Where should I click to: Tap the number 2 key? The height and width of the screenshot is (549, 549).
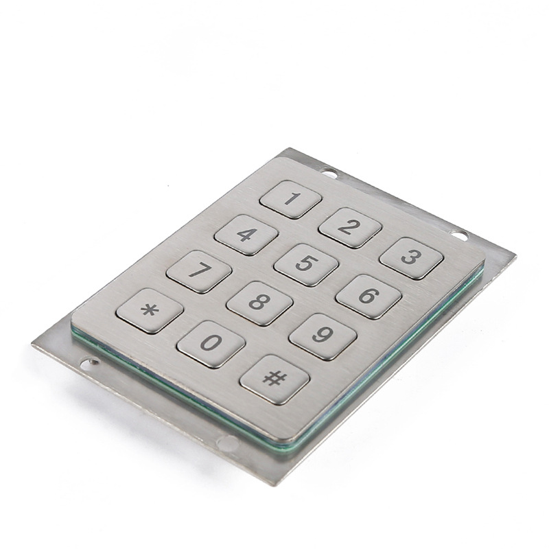pyautogui.click(x=350, y=227)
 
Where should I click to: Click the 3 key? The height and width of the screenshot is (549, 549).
pyautogui.click(x=411, y=258)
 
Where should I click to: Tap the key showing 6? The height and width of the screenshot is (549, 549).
pyautogui.click(x=369, y=296)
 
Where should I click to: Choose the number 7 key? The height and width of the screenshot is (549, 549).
pyautogui.click(x=199, y=271)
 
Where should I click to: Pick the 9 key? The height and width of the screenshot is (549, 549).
pyautogui.click(x=323, y=336)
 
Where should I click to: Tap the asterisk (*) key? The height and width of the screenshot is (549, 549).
pyautogui.click(x=150, y=311)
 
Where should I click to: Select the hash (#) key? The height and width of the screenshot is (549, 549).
pyautogui.click(x=274, y=378)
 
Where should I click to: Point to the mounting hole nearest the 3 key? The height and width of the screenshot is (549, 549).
pyautogui.click(x=460, y=236)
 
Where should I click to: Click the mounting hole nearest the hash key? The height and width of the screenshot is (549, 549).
pyautogui.click(x=227, y=444)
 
